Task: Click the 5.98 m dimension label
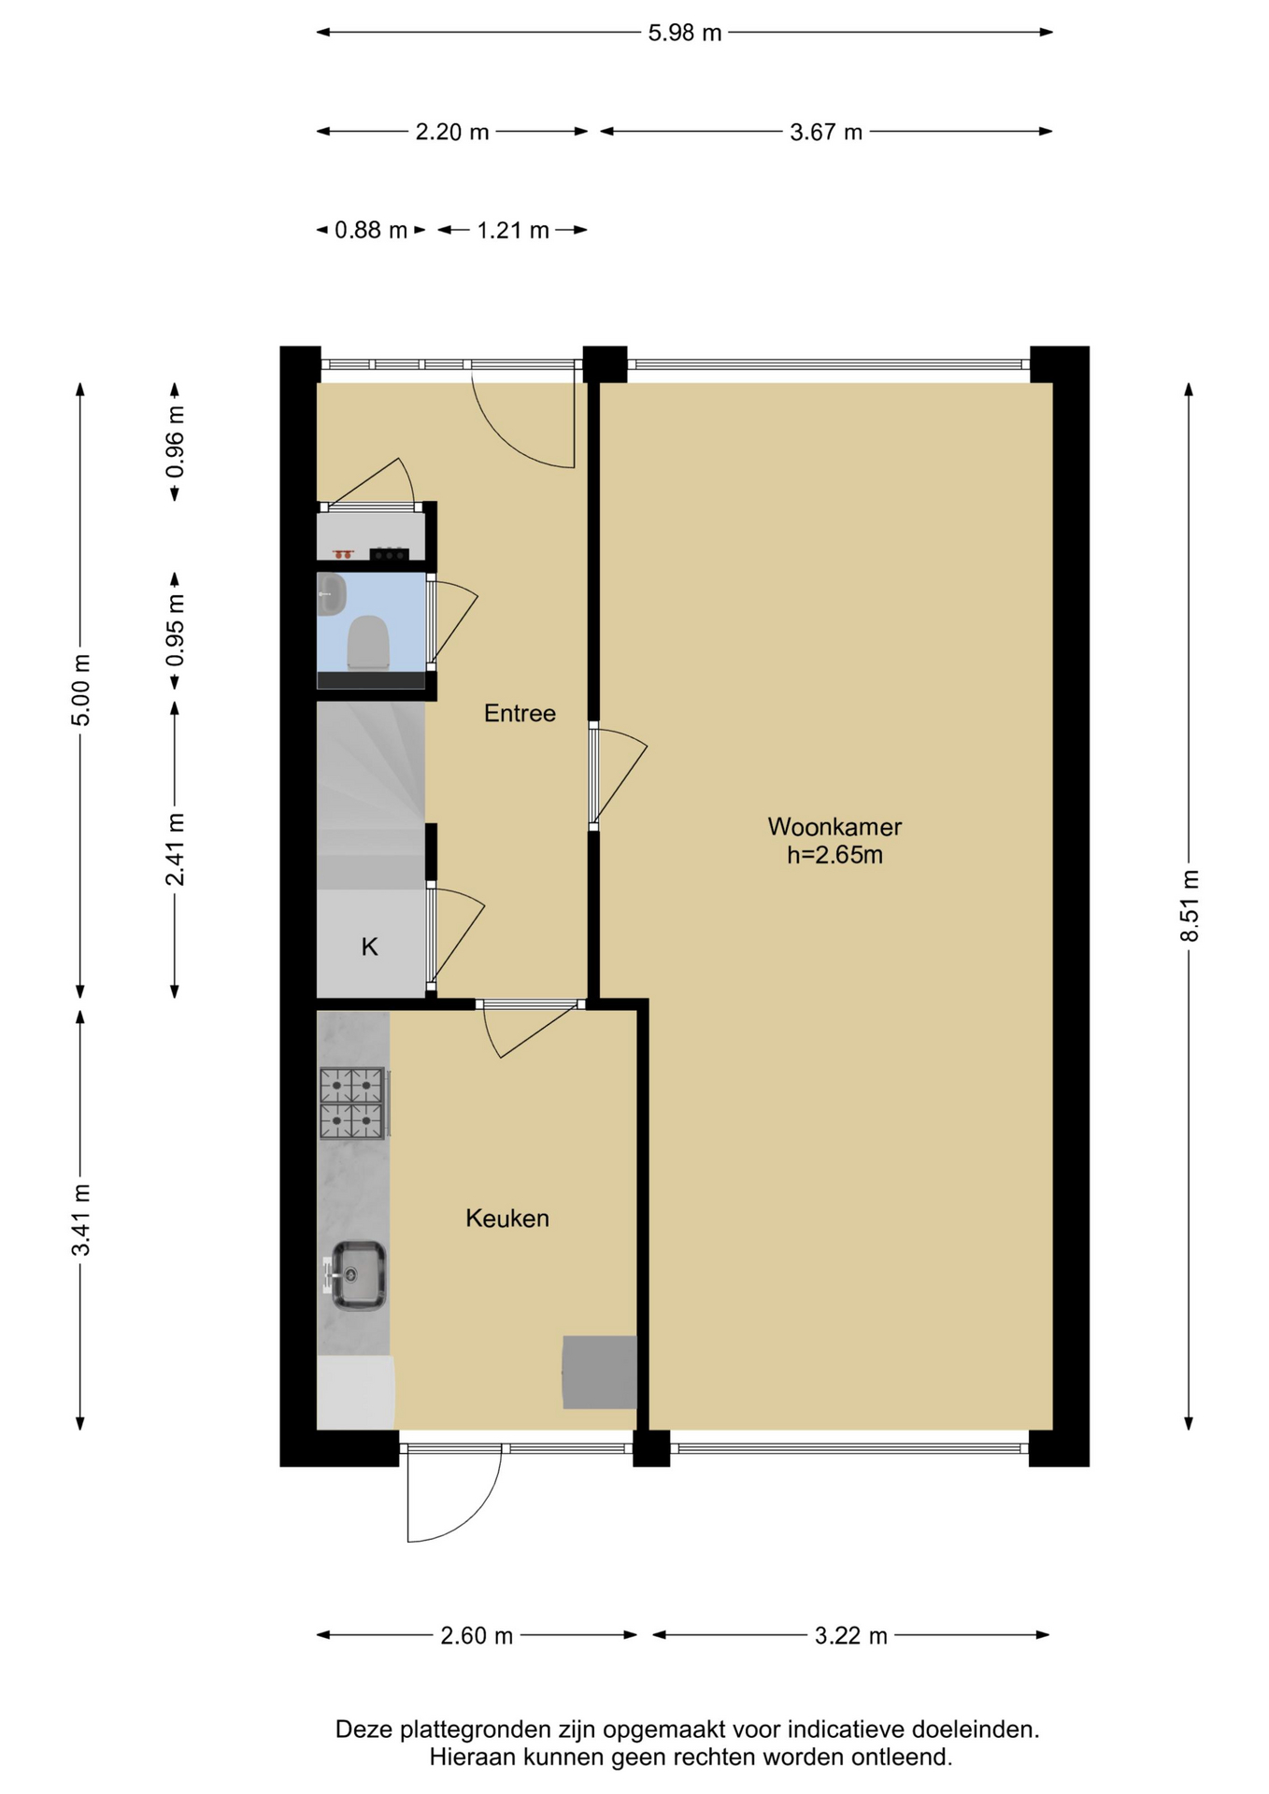tap(685, 33)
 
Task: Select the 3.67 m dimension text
tap(826, 132)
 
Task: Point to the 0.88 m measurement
tap(371, 230)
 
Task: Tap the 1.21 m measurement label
tap(513, 230)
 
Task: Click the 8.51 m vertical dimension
tap(1189, 905)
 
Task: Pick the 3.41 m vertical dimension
tap(81, 1219)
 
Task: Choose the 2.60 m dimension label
tap(477, 1636)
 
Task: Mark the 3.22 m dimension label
tap(851, 1636)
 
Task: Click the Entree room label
tap(520, 714)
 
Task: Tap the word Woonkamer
tap(834, 827)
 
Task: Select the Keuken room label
tap(507, 1218)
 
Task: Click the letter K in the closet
tap(369, 947)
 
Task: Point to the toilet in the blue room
tap(368, 642)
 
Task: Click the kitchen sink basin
tap(358, 1275)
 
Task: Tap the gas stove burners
tap(352, 1103)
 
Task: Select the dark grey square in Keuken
tap(599, 1372)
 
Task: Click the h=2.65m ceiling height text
tap(834, 855)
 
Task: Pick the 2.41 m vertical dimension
tap(175, 849)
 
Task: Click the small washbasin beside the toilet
tap(331, 594)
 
